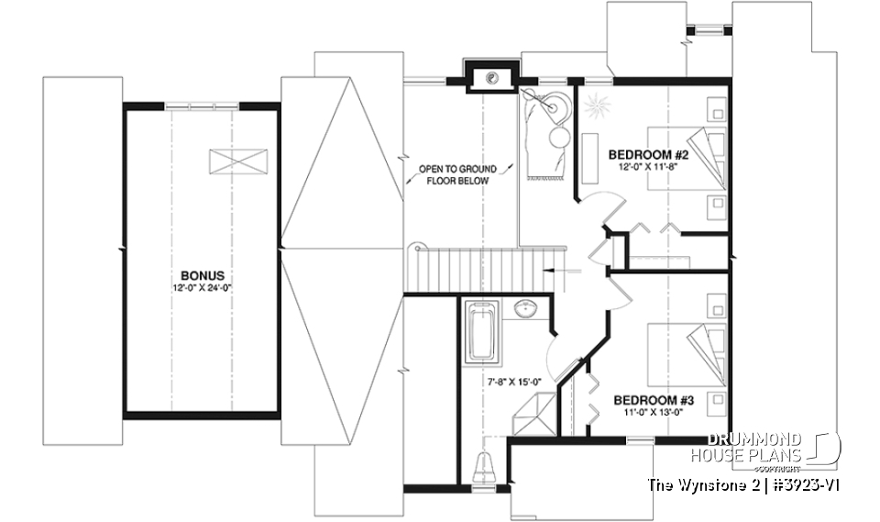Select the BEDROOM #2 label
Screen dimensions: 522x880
(648, 156)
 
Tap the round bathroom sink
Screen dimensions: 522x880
(527, 310)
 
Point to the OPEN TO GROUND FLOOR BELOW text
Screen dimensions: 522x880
(457, 175)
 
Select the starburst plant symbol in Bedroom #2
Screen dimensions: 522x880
(597, 108)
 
